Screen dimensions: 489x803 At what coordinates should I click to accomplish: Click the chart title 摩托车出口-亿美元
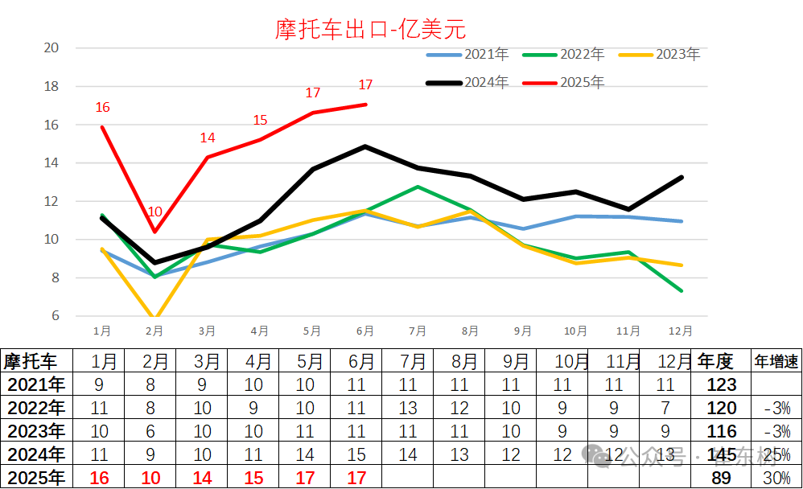370,30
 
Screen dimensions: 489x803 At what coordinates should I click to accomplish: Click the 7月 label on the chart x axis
417,331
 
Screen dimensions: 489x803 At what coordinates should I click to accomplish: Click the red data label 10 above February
154,212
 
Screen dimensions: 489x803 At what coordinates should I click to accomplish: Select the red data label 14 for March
208,138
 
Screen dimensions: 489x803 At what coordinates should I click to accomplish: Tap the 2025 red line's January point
102,126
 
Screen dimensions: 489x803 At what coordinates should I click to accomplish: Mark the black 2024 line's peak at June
365,146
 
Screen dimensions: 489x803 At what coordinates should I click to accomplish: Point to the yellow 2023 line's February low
154,319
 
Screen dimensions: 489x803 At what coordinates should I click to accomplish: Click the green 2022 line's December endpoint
682,290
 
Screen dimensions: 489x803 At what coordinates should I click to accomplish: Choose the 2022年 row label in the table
35,408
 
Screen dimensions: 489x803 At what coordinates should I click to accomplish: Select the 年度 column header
716,360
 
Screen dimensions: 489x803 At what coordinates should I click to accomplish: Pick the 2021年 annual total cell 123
721,384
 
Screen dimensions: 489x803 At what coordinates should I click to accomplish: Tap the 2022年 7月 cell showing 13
407,408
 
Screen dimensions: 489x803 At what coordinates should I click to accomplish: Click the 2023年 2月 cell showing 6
150,431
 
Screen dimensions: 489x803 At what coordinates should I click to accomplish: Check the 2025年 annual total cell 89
721,479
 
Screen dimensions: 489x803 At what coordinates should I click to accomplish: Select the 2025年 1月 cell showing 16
99,479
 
